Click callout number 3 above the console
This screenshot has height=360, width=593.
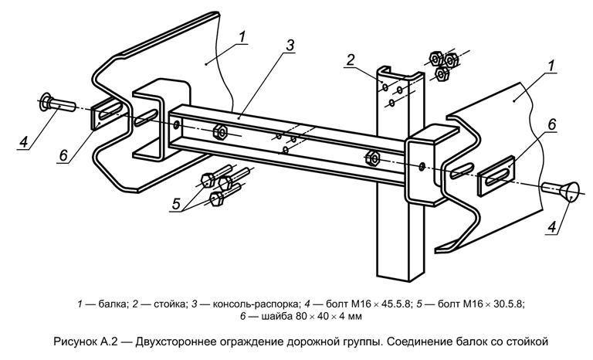click(x=289, y=46)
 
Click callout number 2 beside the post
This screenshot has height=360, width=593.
click(x=350, y=60)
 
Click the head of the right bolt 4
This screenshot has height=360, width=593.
click(x=574, y=189)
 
